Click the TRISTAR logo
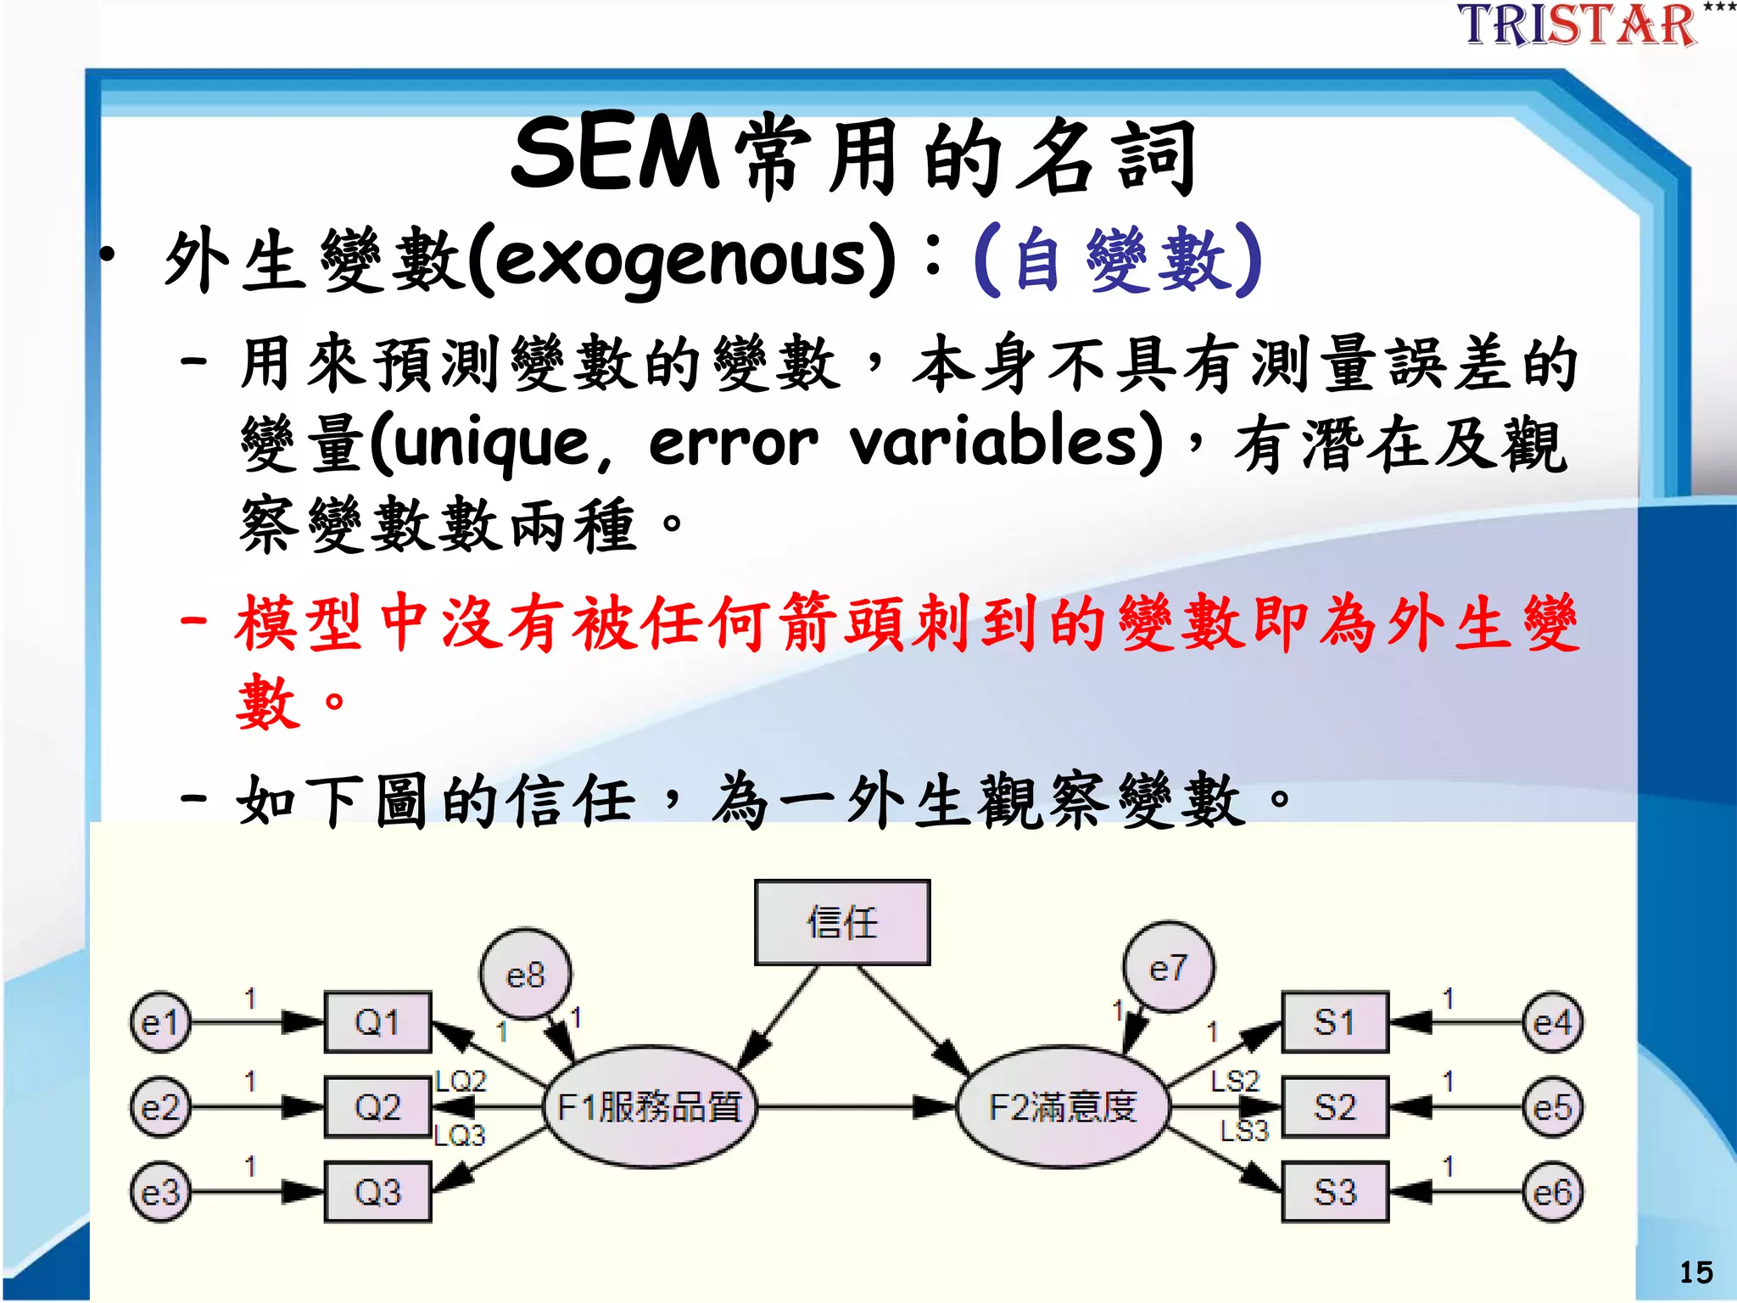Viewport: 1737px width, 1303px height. [1578, 25]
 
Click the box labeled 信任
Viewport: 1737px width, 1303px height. [842, 923]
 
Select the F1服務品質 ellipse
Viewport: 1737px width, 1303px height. [650, 1107]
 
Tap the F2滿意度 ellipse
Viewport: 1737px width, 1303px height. [1063, 1107]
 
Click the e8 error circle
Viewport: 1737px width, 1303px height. [525, 975]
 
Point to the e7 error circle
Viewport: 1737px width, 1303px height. [1168, 968]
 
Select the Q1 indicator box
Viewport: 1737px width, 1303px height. [378, 1022]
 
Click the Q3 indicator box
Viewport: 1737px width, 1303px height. [378, 1192]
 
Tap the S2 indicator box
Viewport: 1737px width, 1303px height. [1335, 1107]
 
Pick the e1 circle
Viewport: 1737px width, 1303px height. [160, 1023]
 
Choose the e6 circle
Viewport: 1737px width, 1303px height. [1552, 1193]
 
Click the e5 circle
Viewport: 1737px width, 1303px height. [1552, 1108]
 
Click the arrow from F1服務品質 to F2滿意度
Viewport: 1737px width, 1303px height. [857, 1107]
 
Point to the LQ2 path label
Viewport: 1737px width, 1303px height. [461, 1081]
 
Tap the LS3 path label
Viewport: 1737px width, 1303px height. [1243, 1131]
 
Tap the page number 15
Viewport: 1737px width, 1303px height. [1695, 1272]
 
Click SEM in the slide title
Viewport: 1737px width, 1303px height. [615, 154]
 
